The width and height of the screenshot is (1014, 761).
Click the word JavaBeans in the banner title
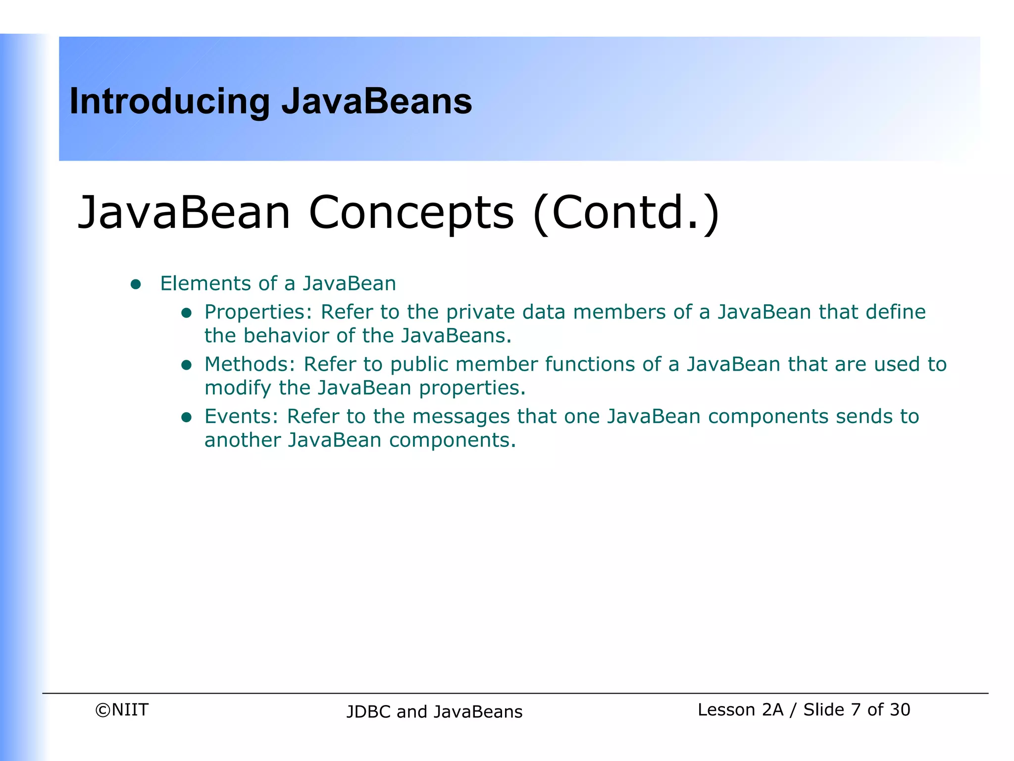point(376,101)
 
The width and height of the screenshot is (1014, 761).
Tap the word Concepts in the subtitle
point(411,213)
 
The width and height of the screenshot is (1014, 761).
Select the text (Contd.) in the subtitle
point(626,213)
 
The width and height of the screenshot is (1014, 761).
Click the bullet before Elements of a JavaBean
point(136,284)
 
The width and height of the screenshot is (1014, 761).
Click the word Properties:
point(258,313)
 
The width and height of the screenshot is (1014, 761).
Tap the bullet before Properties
point(186,313)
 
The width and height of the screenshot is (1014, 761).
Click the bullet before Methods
point(186,366)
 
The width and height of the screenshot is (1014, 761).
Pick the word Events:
point(242,417)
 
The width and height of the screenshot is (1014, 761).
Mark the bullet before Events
point(186,418)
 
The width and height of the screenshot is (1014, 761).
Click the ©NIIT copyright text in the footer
point(122,710)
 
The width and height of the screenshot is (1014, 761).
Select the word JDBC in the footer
point(369,712)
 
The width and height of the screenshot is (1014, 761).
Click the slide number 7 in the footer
point(856,710)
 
